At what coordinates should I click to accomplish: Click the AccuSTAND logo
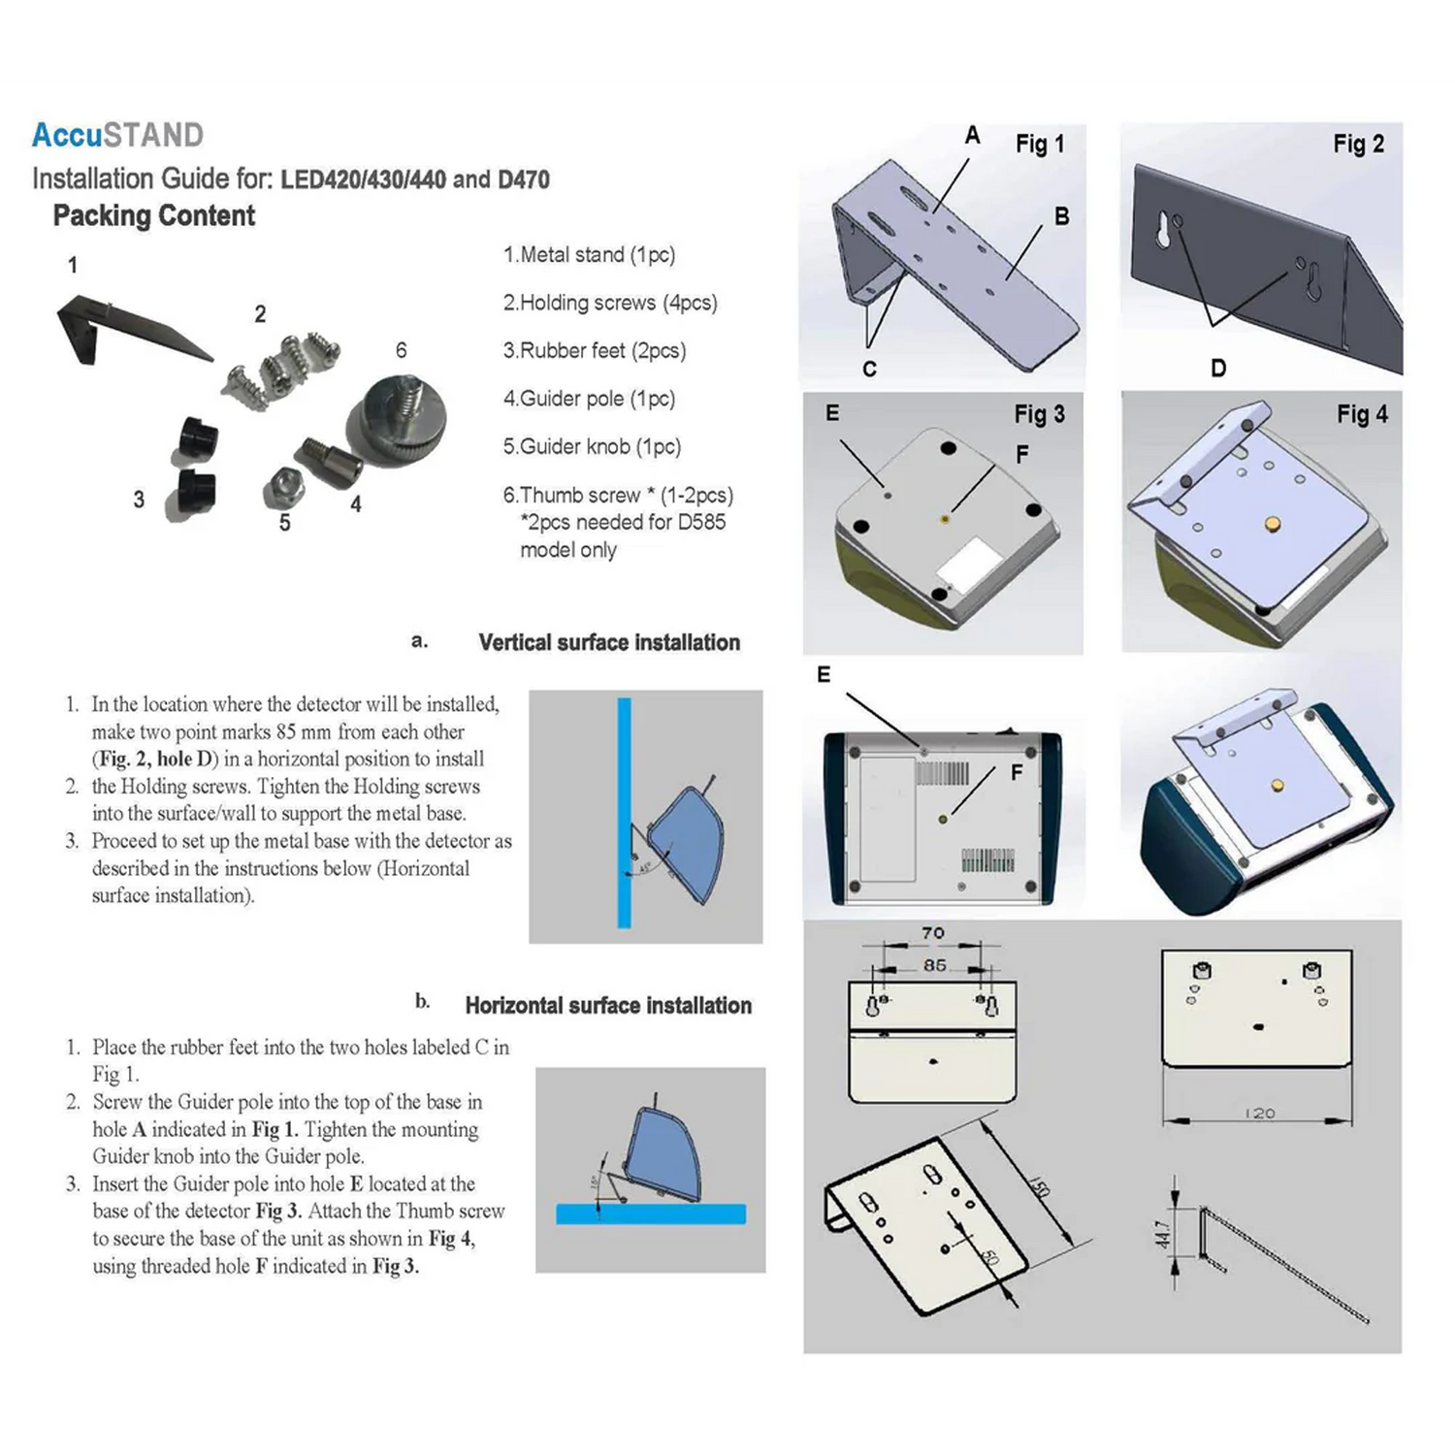point(117,135)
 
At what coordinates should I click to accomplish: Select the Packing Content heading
point(154,215)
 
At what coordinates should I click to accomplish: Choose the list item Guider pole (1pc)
point(589,399)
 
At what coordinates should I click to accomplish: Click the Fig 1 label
point(1040,145)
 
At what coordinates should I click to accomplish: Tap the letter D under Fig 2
point(1218,369)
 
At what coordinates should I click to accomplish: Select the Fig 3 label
point(1039,414)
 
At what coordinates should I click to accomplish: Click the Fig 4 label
point(1362,414)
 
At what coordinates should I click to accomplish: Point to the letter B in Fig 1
point(1062,217)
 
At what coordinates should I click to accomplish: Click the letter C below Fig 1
point(869,370)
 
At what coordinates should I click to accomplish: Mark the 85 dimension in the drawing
point(934,966)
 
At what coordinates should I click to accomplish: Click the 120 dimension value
point(1260,1114)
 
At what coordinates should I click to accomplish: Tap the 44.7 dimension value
point(1162,1234)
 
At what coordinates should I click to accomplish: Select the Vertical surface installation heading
point(609,642)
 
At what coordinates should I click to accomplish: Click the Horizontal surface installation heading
point(608,1006)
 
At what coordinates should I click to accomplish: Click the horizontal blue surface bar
point(651,1213)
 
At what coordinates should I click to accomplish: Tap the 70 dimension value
point(933,933)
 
